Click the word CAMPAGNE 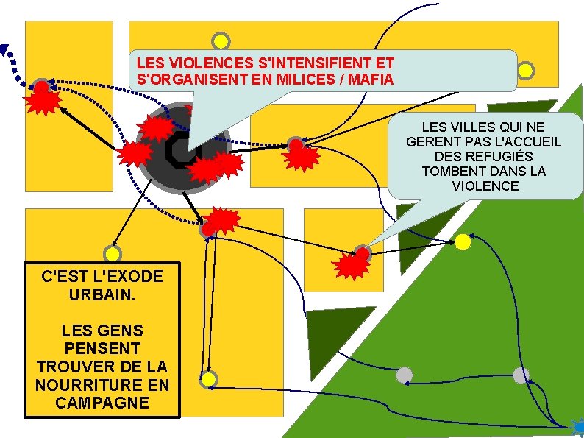pos(102,403)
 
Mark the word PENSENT pos(102,347)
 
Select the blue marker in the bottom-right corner pos(577,425)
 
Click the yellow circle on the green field pos(463,241)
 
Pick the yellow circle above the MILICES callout pos(220,41)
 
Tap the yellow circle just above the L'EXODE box pos(113,253)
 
